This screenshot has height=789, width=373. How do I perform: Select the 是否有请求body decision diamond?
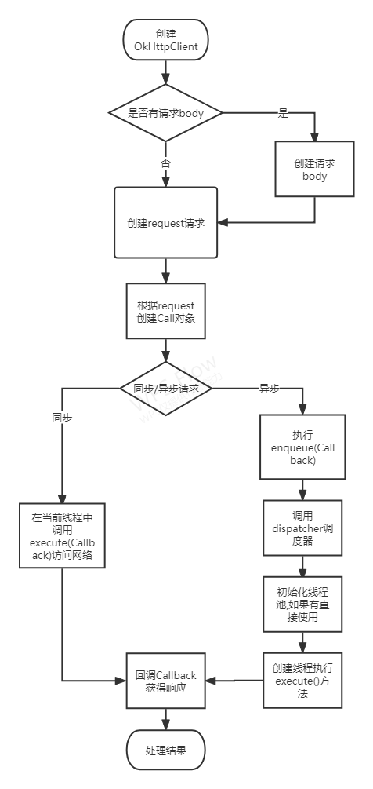pos(165,113)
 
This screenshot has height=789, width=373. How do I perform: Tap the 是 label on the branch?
pos(283,113)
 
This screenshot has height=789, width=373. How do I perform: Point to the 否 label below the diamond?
pos(165,163)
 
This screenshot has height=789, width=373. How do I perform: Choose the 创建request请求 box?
pos(165,223)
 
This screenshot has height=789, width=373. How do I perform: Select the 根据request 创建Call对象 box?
pos(165,311)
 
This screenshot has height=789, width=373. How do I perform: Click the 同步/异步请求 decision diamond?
pos(165,388)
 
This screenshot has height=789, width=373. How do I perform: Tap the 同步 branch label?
pos(62,417)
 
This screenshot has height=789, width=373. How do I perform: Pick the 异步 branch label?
pos(269,388)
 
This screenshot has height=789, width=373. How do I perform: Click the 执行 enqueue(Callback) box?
pos(302,447)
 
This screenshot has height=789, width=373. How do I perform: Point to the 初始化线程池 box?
pos(302,604)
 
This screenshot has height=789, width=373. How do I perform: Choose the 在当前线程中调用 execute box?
pos(62,535)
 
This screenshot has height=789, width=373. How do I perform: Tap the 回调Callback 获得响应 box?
pos(165,681)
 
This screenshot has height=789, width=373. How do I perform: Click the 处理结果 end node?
pos(165,751)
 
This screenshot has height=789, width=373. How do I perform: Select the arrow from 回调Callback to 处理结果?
pos(165,719)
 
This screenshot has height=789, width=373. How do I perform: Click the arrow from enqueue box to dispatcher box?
pos(302,490)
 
